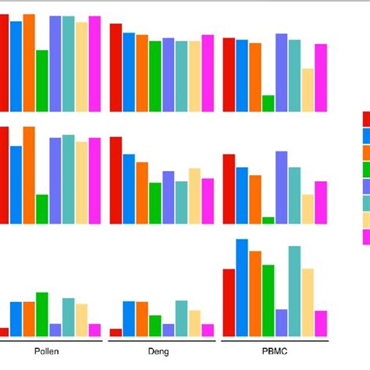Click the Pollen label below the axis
point(46,351)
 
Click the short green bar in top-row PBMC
point(269,104)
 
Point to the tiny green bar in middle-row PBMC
point(269,220)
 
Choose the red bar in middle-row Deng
point(116,180)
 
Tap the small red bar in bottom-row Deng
point(116,332)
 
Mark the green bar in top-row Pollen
point(42,81)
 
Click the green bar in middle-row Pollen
point(42,208)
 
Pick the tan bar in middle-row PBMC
point(308,208)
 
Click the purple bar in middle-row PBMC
point(282,187)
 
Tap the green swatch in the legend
point(366,169)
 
